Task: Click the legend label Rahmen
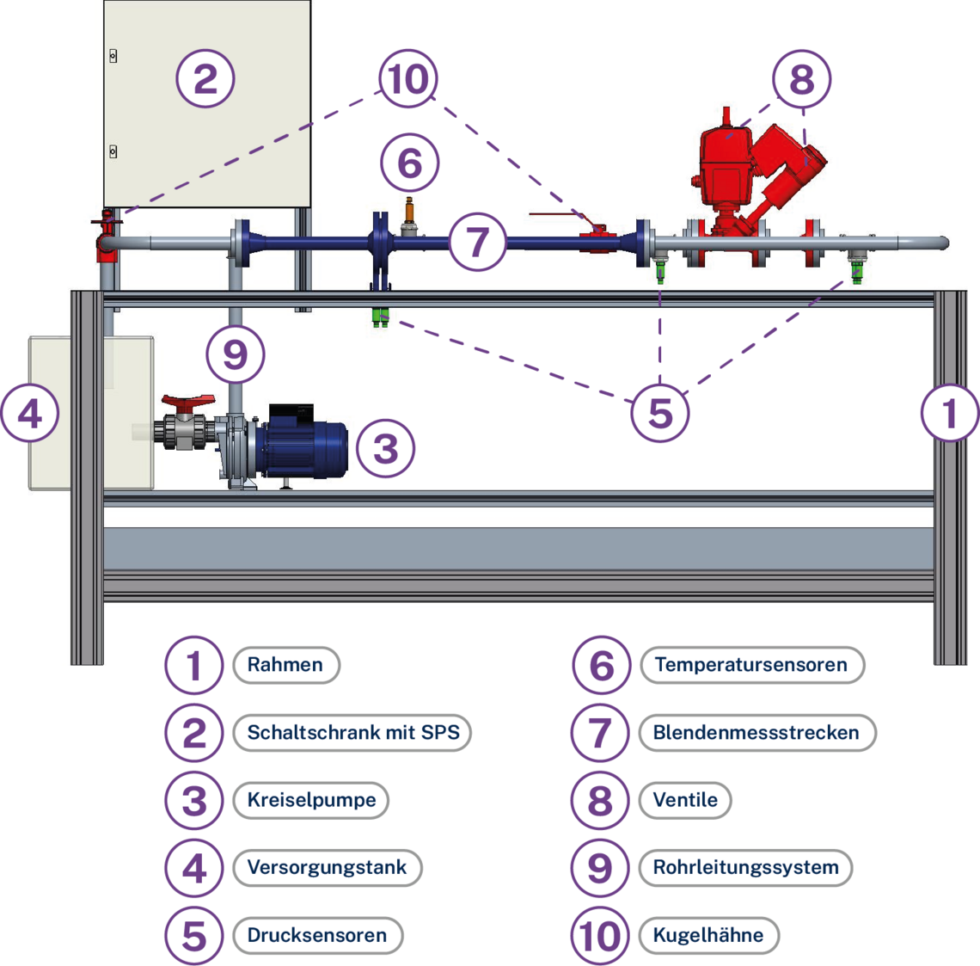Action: (x=285, y=665)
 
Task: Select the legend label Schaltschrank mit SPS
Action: (x=352, y=733)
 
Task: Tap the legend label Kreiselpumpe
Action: (x=311, y=800)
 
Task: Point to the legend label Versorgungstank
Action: (x=327, y=867)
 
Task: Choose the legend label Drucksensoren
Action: (x=316, y=935)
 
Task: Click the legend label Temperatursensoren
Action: (x=750, y=665)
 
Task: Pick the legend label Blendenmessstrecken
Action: (x=756, y=733)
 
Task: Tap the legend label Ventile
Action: (x=685, y=800)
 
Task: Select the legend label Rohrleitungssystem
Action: (x=745, y=867)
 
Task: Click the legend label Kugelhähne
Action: (x=707, y=935)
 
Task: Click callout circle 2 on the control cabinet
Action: (x=205, y=79)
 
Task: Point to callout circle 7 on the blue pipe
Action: (x=477, y=242)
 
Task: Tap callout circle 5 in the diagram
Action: (x=659, y=413)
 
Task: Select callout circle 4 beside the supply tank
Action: (x=29, y=414)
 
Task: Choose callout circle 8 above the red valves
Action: (x=801, y=80)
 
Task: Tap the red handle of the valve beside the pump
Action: (x=187, y=402)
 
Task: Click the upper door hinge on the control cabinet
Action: (x=113, y=56)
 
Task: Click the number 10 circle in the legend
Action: (x=599, y=935)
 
